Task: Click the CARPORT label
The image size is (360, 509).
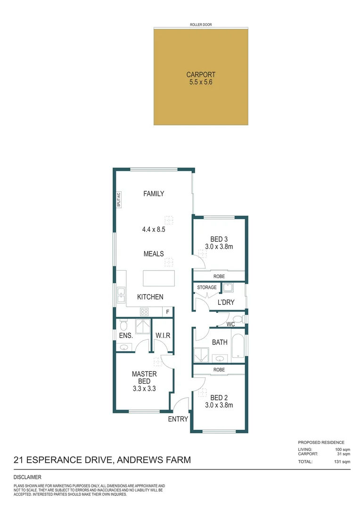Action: pyautogui.click(x=201, y=74)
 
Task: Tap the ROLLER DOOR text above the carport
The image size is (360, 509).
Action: pyautogui.click(x=201, y=24)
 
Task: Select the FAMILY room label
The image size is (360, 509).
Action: pyautogui.click(x=154, y=193)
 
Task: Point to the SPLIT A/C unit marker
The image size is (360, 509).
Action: pyautogui.click(x=119, y=199)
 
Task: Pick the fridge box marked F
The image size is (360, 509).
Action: pyautogui.click(x=167, y=312)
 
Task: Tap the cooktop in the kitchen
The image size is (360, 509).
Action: pyautogui.click(x=145, y=312)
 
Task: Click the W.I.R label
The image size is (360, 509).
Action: pyautogui.click(x=163, y=335)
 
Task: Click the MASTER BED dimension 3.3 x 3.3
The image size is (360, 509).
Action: pyautogui.click(x=144, y=389)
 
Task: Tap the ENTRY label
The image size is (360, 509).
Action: pyautogui.click(x=178, y=419)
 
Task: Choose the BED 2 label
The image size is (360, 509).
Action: pyautogui.click(x=219, y=397)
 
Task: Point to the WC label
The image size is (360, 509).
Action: pyautogui.click(x=230, y=325)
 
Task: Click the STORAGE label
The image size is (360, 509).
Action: pyautogui.click(x=207, y=287)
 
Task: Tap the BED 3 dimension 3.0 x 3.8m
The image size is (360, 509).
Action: pyautogui.click(x=219, y=246)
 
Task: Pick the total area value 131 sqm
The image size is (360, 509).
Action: pyautogui.click(x=343, y=462)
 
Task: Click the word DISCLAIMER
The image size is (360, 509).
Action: pyautogui.click(x=28, y=477)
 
